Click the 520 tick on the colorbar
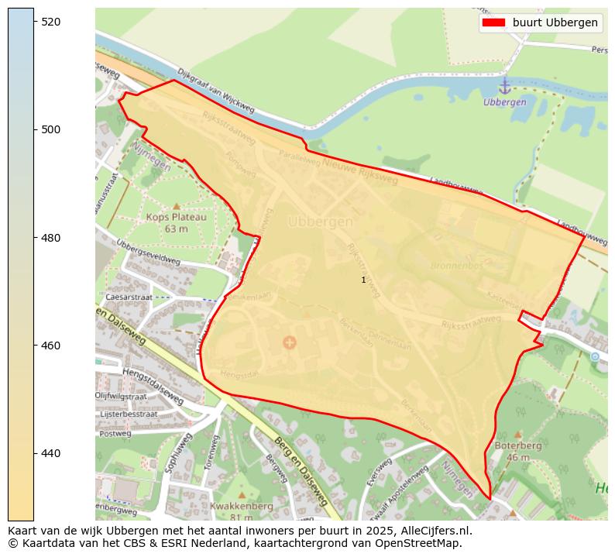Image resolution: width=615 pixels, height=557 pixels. point(51,22)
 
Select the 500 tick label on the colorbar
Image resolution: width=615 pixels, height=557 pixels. point(51,129)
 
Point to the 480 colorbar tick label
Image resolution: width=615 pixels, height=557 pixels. point(51,238)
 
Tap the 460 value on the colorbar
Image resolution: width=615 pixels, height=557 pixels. point(51,346)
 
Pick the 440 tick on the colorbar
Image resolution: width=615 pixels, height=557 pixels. point(51,453)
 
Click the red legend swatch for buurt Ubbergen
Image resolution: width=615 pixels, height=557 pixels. point(493,22)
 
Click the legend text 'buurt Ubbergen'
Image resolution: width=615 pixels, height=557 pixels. point(555,22)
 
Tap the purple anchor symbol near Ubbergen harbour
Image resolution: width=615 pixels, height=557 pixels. point(504,86)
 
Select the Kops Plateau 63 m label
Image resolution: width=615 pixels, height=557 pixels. point(177,222)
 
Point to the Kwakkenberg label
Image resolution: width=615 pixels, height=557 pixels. point(241,506)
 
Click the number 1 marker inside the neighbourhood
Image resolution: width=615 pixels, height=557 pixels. point(363,280)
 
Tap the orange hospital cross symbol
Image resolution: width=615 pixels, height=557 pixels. point(290,342)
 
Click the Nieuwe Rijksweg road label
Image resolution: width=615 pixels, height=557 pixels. point(360,171)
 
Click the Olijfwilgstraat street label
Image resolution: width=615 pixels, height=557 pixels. point(126,395)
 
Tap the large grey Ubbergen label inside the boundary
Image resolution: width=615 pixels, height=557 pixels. point(320,222)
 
